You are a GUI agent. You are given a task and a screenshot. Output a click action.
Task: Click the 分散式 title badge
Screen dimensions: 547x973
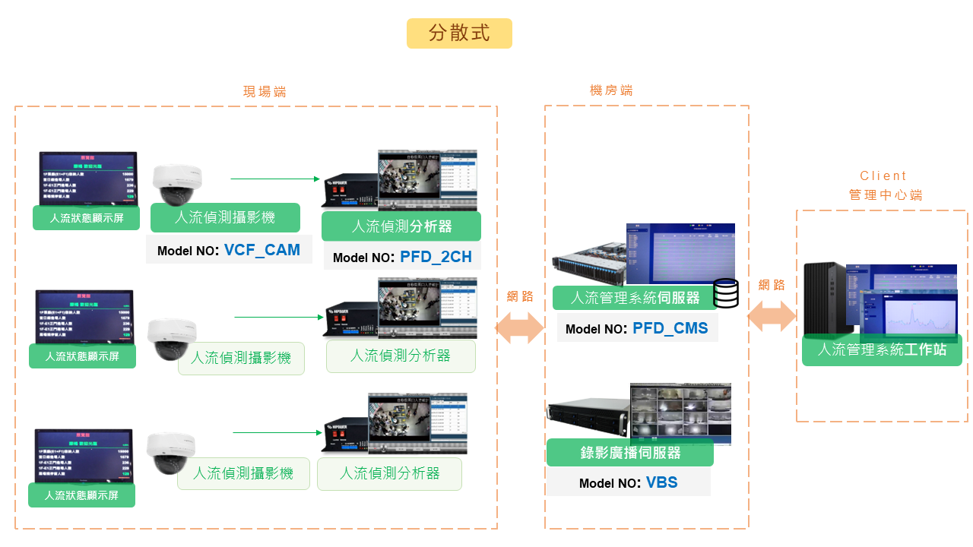tap(459, 33)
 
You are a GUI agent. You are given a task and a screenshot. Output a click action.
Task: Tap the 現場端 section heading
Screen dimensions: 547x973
tap(265, 92)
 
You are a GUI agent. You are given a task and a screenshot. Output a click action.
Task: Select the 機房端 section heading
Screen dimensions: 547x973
tap(611, 90)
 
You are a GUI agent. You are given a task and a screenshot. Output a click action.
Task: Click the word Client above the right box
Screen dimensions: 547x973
tap(883, 175)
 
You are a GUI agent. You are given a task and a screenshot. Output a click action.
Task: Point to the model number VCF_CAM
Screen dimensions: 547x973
tap(261, 250)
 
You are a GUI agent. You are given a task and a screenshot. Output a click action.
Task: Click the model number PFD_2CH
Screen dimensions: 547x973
tap(436, 257)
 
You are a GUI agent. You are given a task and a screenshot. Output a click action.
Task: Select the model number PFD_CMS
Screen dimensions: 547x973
tap(670, 328)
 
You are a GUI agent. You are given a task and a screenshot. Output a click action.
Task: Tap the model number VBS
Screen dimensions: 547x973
tap(661, 482)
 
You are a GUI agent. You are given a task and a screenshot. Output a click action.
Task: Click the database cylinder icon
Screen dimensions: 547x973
tap(726, 293)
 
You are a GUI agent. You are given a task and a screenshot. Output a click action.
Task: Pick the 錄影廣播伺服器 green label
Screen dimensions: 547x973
tap(630, 453)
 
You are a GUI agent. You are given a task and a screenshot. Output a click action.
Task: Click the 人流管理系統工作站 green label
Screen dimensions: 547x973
tap(882, 350)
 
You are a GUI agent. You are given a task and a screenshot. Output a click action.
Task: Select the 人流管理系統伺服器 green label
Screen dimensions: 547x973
tap(635, 297)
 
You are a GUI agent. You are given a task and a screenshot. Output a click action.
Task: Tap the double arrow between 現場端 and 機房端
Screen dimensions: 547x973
tap(520, 327)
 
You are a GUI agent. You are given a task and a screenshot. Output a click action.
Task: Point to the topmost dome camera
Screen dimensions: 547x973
tap(178, 184)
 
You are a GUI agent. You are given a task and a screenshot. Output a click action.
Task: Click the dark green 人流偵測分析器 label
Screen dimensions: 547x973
tap(401, 226)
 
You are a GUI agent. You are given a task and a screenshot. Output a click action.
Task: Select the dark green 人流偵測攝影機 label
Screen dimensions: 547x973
tap(225, 217)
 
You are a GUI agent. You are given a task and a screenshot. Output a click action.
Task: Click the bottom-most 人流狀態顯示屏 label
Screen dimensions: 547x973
tap(81, 495)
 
